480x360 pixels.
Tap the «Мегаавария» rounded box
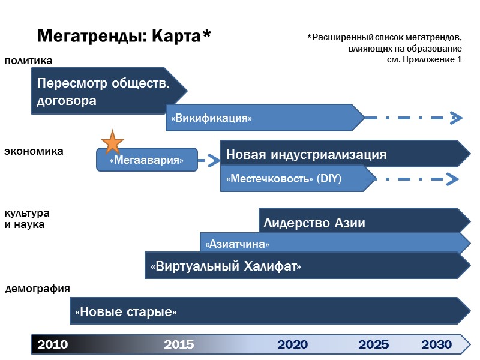coord(147,160)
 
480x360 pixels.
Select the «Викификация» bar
coord(264,118)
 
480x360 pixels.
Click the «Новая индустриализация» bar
coord(342,154)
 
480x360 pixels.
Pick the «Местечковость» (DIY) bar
coord(294,179)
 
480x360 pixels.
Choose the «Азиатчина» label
coord(237,244)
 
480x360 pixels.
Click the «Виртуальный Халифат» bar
coord(226,266)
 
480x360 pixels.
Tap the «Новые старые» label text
coord(126,312)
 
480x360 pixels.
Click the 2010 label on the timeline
coord(53,344)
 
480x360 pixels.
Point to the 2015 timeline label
coord(179,344)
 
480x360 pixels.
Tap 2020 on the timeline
coord(293,344)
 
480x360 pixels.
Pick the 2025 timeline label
coord(373,344)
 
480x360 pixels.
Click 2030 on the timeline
coord(436,344)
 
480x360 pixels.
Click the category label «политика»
coord(29,61)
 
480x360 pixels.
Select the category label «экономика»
coord(34,151)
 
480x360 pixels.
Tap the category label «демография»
coord(38,289)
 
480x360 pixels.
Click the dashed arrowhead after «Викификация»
coord(457,118)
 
